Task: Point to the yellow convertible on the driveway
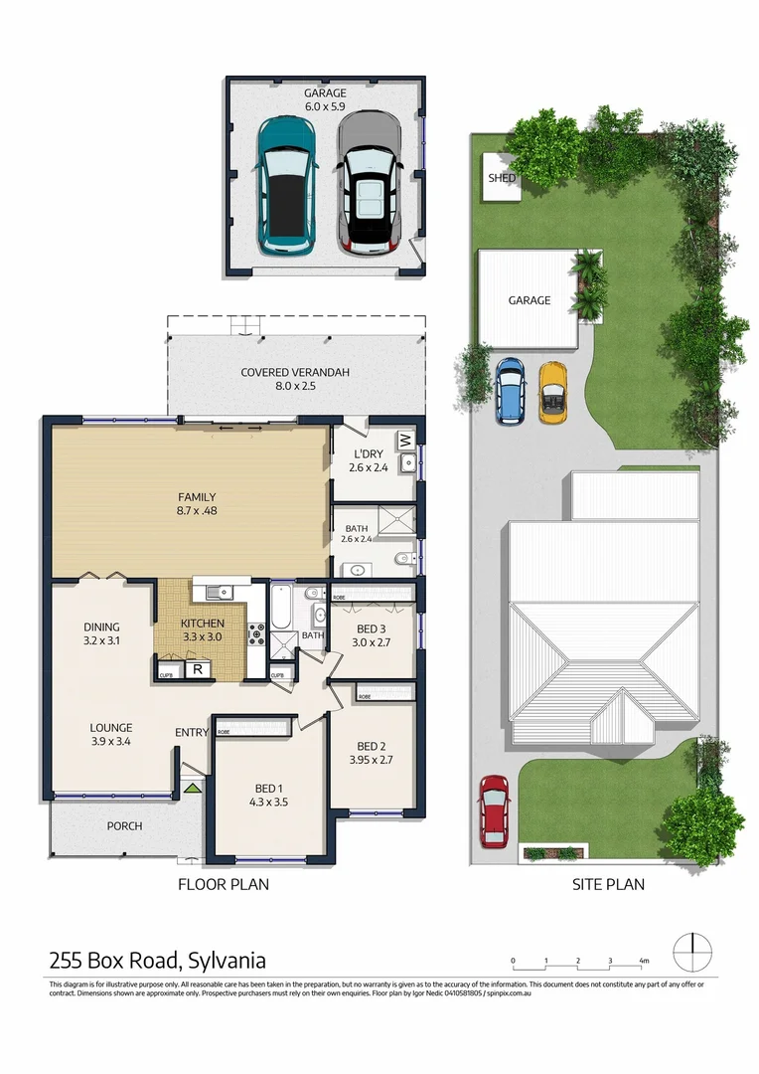(551, 393)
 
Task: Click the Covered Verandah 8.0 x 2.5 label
(295, 379)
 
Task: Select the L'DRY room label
(369, 456)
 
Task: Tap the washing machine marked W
(404, 439)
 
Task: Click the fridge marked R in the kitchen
(198, 669)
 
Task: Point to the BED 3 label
(368, 628)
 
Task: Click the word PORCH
(124, 826)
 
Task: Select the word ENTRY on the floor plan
(192, 733)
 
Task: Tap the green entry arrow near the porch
(190, 788)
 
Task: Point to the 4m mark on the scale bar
(643, 961)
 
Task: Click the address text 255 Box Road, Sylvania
(158, 961)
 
